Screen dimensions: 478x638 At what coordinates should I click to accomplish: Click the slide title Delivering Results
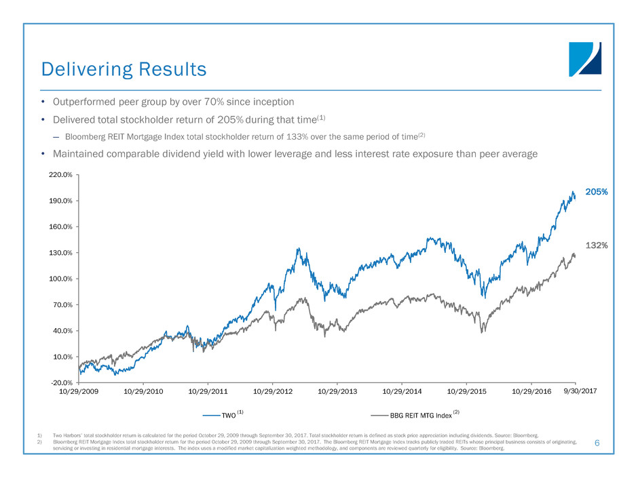[x=124, y=69]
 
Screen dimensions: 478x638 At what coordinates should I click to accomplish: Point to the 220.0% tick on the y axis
[x=62, y=175]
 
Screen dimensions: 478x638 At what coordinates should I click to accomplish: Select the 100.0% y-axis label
[x=62, y=279]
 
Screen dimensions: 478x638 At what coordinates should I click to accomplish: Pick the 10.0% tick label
[x=63, y=357]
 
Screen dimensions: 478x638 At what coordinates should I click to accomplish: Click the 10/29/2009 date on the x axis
[x=79, y=392]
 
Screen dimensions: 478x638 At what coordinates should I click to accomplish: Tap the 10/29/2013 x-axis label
[x=338, y=392]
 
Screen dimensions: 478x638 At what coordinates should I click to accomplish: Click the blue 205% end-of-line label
[x=597, y=192]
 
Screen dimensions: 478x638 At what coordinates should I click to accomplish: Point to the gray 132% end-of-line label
[x=597, y=244]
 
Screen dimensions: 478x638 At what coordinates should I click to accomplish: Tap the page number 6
[x=597, y=443]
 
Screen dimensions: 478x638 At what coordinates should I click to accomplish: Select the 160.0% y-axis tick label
[x=62, y=227]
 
